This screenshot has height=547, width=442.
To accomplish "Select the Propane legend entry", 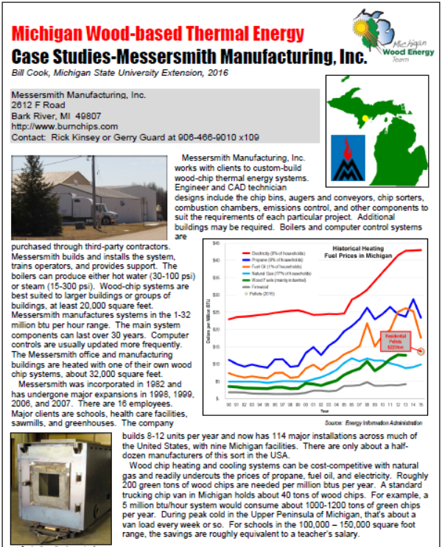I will pyautogui.click(x=255, y=261).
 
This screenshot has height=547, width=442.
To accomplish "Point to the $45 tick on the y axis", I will pyautogui.click(x=216, y=242).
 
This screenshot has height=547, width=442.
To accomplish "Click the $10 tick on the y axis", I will pyautogui.click(x=216, y=364).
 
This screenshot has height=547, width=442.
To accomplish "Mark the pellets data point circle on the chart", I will pyautogui.click(x=421, y=350).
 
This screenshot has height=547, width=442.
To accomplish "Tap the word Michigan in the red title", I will pyautogui.click(x=49, y=33).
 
